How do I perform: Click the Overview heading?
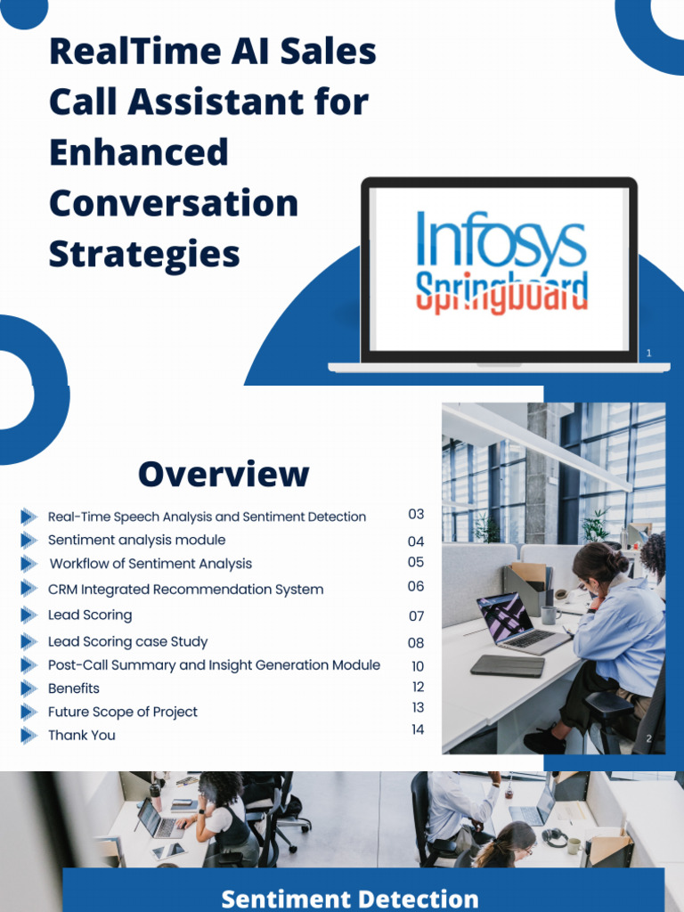[x=224, y=474]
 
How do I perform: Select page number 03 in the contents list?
[x=416, y=515]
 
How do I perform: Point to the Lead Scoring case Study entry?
[x=127, y=641]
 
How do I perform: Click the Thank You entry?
[x=81, y=735]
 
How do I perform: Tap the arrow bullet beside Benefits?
[x=29, y=688]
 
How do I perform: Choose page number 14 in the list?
[x=418, y=729]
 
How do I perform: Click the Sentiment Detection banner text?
[x=349, y=898]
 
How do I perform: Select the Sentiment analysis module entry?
[x=136, y=540]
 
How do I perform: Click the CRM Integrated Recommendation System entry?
[x=185, y=590]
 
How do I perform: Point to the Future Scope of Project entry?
[x=123, y=712]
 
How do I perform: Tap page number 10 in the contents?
[x=418, y=666]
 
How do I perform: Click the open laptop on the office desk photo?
[x=514, y=621]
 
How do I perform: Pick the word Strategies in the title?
[x=144, y=254]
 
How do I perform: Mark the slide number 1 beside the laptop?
[x=648, y=354]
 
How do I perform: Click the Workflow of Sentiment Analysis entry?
[x=151, y=564]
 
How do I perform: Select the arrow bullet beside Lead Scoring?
[x=29, y=615]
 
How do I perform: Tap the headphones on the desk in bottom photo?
[x=555, y=836]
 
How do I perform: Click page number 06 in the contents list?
[x=416, y=587]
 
